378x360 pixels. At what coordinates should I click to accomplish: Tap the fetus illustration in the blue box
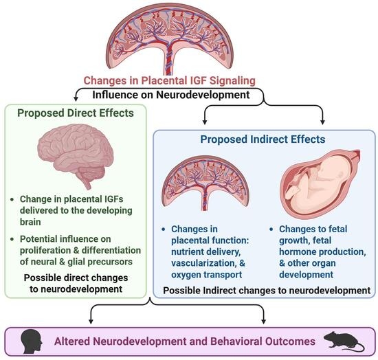tap(320, 183)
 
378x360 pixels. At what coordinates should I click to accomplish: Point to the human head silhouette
tap(32, 341)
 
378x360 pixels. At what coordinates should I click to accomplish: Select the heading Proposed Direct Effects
tap(76, 113)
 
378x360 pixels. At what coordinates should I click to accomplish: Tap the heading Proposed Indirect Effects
tap(263, 139)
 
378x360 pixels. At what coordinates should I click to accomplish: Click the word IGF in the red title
tap(199, 80)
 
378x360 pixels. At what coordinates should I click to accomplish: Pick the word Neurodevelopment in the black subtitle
tap(203, 95)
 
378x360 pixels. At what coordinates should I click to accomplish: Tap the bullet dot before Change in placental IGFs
tap(12, 199)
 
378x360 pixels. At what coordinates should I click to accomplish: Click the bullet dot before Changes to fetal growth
tap(271, 229)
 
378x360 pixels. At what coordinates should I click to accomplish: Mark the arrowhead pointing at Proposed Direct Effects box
tap(76, 98)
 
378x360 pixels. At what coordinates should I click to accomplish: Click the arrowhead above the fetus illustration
tap(323, 122)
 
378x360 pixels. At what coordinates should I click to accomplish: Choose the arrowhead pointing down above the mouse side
tap(263, 322)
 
